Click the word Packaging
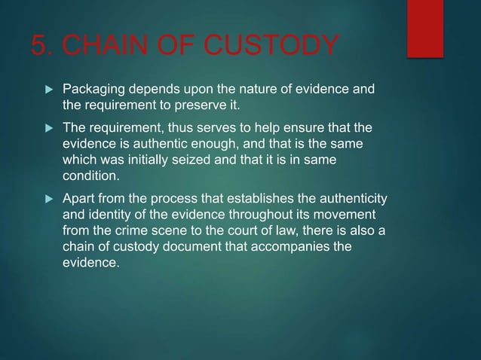coord(93,90)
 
